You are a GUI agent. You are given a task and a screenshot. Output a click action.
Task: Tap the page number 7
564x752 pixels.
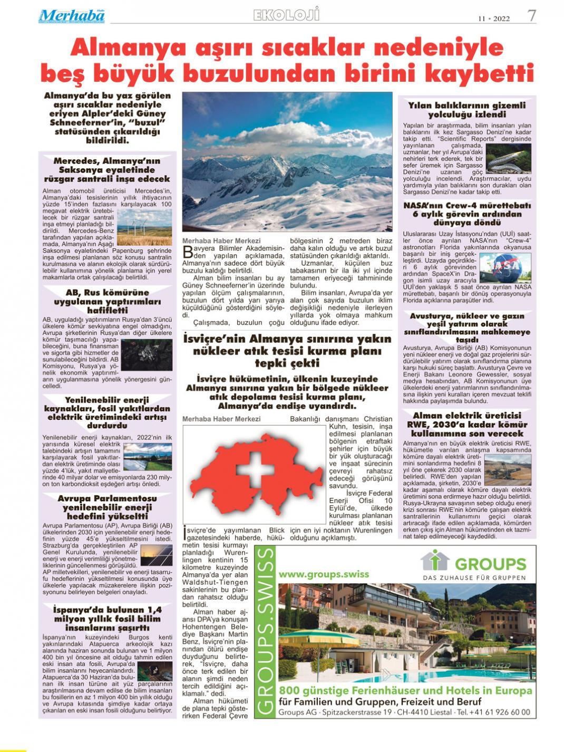[532, 16]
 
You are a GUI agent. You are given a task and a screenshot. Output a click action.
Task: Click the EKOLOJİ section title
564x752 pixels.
[286, 15]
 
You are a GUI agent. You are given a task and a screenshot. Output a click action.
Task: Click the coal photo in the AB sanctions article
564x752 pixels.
[147, 354]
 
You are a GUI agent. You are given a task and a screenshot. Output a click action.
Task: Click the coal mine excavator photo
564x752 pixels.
[507, 470]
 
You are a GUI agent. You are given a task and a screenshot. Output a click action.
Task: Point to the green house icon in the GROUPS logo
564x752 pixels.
[435, 560]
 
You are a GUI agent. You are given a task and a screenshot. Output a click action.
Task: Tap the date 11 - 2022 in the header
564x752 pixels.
[494, 18]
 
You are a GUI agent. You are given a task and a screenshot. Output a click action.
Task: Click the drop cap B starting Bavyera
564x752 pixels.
[187, 252]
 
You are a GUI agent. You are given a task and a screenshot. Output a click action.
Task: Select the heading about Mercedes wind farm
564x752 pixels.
[107, 170]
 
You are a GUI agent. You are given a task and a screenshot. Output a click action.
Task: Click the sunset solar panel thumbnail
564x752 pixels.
[156, 555]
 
